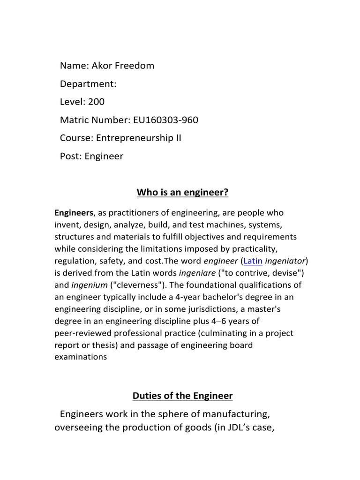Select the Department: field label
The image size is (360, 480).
(88, 84)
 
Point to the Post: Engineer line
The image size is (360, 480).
(91, 157)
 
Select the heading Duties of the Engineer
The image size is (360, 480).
(182, 396)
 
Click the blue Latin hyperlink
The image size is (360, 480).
(253, 261)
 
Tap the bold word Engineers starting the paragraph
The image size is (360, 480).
(75, 213)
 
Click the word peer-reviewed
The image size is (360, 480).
(85, 333)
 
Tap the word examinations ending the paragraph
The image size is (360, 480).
(81, 357)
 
